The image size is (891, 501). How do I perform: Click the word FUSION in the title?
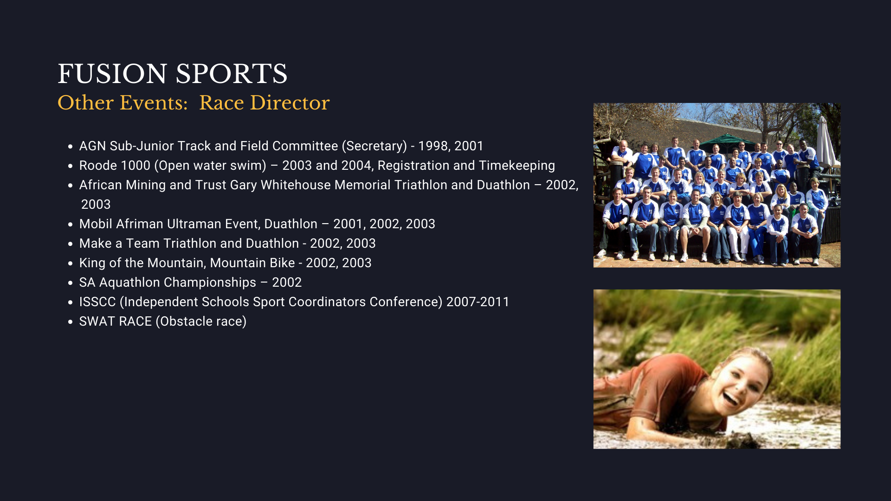(x=112, y=74)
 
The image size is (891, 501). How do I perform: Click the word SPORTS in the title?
(x=232, y=74)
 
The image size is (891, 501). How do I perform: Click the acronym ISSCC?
(x=97, y=302)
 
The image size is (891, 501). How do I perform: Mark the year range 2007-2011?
(x=478, y=302)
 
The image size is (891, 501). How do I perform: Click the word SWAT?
(x=97, y=321)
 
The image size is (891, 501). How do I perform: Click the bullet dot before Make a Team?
(x=71, y=244)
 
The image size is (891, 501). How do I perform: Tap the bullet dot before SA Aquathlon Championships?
(x=71, y=283)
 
